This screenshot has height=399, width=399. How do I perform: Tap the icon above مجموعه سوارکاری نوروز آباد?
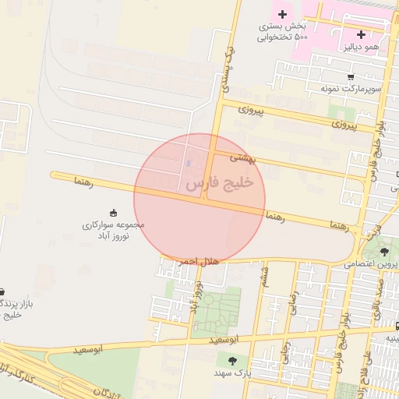[x=114, y=212]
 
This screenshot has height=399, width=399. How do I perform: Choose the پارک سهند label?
[x=233, y=374]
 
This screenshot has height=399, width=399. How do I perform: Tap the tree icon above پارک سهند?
[x=232, y=360]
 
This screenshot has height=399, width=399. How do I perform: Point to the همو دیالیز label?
[x=361, y=48]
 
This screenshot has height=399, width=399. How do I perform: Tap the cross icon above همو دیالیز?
[x=361, y=34]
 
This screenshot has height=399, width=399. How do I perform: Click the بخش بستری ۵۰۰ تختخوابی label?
[x=284, y=32]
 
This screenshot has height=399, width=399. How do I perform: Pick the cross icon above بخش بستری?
[x=282, y=14]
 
